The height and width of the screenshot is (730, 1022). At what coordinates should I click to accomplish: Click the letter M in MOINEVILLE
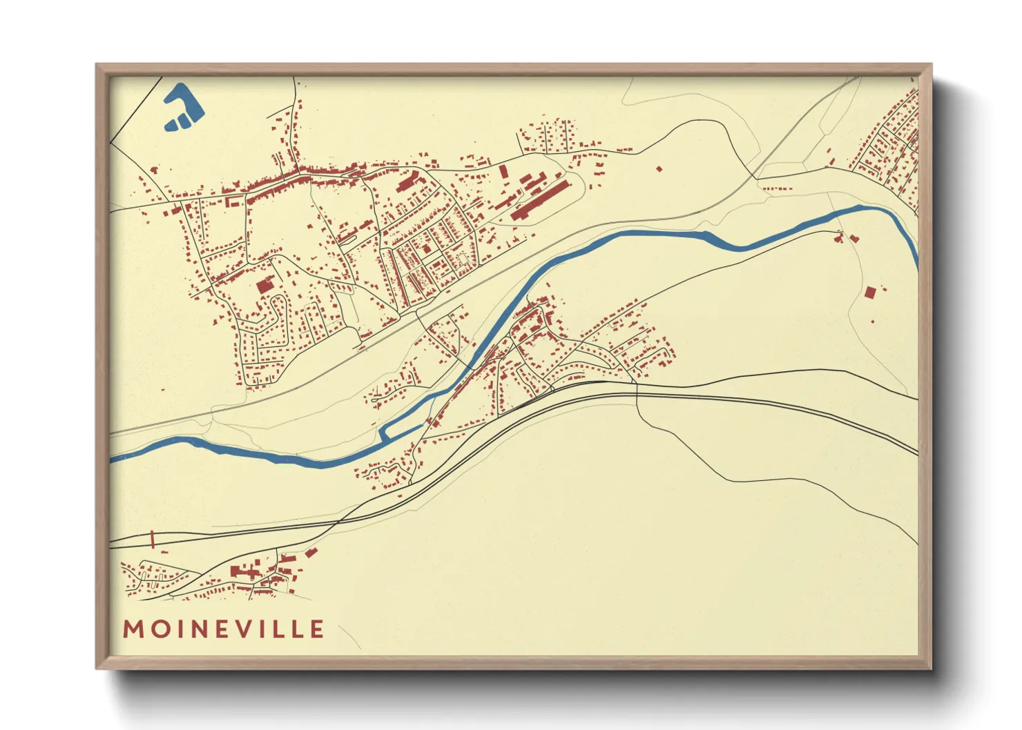[133, 629]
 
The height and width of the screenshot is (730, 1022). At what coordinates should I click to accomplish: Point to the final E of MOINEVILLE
[317, 629]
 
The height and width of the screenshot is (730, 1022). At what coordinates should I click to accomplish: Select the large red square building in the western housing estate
[264, 286]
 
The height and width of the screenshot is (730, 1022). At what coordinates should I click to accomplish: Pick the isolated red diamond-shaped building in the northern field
[659, 168]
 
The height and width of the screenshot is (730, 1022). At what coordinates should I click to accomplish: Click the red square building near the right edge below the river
[869, 293]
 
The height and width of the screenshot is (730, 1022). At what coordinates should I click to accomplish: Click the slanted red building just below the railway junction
[311, 553]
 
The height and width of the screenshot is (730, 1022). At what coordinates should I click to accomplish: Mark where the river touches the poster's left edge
[112, 459]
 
